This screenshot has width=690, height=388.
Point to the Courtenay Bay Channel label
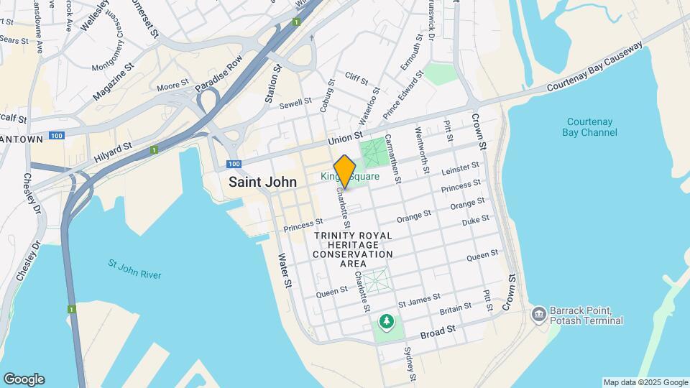(590, 127)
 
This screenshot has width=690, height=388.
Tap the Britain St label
(456, 308)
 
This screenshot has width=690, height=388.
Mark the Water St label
(285, 269)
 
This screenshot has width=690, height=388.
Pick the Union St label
(344, 137)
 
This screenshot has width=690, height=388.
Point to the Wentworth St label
(423, 142)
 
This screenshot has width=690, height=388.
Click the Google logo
(24, 379)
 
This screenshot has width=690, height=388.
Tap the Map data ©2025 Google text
(645, 382)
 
